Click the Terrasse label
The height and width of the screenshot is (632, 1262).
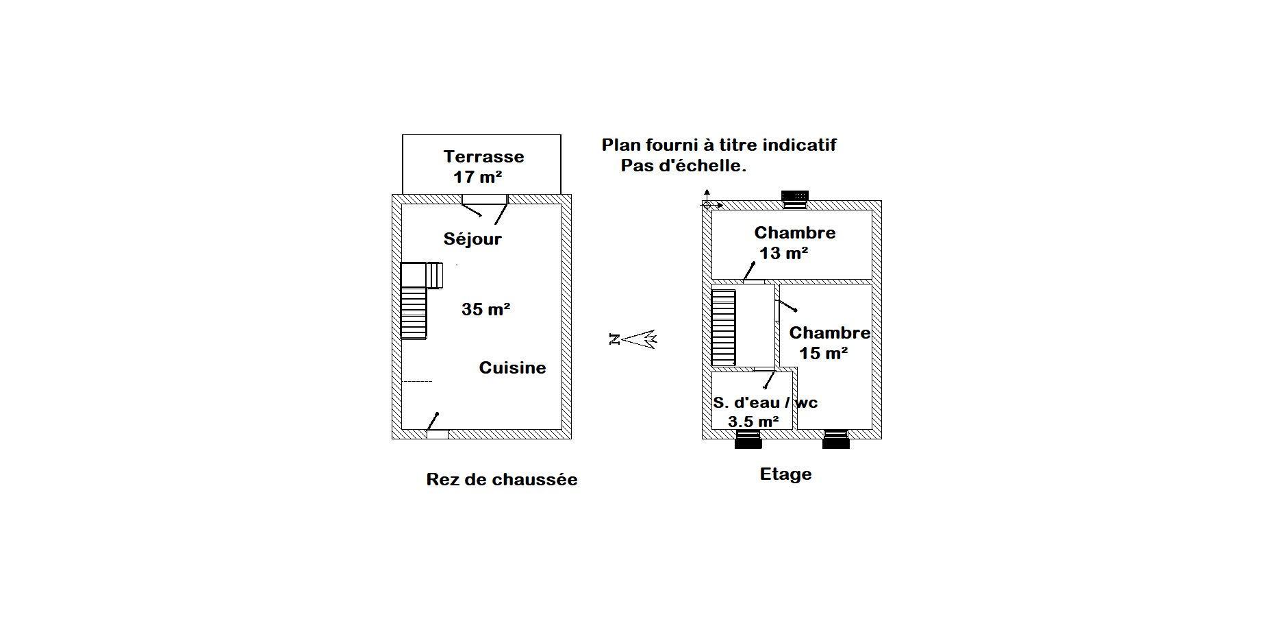point(483,156)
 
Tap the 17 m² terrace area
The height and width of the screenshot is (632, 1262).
point(478,177)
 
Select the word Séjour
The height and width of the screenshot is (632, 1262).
point(472,239)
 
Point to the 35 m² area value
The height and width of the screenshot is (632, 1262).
point(485,309)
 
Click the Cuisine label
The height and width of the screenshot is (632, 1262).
point(512,367)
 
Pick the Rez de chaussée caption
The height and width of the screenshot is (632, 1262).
point(502,479)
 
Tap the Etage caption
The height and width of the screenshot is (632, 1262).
point(785,474)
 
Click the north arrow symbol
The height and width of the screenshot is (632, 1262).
point(633,339)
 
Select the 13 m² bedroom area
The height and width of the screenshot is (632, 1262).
point(783,253)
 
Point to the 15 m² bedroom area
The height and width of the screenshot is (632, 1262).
point(823,353)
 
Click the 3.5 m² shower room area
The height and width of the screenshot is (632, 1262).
point(753,422)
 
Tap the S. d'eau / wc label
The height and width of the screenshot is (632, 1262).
point(765,402)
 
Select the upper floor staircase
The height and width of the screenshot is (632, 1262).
point(723,328)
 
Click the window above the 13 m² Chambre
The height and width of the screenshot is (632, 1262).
point(795,199)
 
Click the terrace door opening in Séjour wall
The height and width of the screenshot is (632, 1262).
point(484,199)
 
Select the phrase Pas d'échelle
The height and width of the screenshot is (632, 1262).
point(683,166)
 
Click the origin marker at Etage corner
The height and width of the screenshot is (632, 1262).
point(707,204)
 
